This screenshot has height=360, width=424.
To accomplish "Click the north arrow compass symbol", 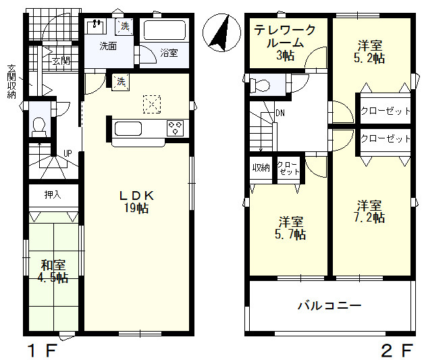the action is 221,32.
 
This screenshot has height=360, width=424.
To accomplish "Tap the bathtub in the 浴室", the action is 165,30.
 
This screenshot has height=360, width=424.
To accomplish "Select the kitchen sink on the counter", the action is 128,129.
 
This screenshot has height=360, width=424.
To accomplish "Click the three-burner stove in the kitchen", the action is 176,128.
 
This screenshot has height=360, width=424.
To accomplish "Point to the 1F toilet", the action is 39,127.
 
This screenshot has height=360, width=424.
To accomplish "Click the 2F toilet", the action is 260,85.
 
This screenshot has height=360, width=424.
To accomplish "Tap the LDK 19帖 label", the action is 136,202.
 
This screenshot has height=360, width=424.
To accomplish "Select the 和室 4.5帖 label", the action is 53,272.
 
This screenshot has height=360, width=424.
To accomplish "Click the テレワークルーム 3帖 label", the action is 286,43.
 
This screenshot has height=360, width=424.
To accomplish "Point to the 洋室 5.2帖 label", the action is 369,51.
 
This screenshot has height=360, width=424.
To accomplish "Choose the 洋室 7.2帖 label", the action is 369,211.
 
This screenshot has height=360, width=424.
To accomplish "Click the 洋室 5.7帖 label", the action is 291,228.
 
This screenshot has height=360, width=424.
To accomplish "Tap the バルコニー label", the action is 329,306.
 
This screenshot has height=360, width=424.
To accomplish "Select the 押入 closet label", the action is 53,195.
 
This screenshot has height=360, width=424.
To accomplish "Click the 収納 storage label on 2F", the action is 261,168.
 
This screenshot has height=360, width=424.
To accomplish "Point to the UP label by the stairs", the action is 68,153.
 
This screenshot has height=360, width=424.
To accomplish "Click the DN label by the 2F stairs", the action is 280,113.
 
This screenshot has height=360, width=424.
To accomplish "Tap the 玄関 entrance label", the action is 61,61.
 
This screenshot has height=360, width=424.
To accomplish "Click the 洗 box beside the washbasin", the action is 125,26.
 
